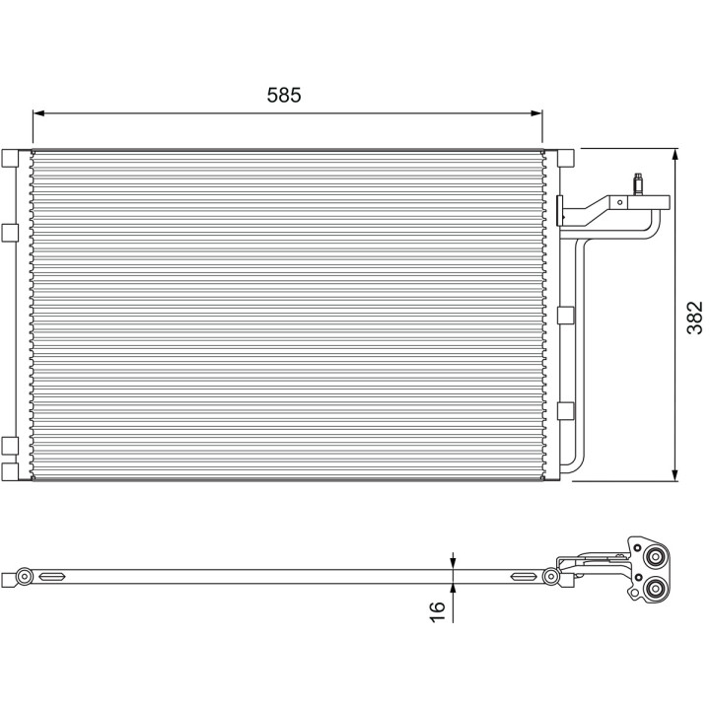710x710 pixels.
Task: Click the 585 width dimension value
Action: click(x=284, y=95)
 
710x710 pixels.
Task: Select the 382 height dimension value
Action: click(x=695, y=318)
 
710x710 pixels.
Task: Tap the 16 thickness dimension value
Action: click(x=438, y=612)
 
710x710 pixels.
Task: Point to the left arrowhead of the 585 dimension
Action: click(x=38, y=113)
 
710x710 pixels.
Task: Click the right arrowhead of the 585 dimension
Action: click(x=536, y=113)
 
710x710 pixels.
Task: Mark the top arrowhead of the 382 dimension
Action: click(x=675, y=155)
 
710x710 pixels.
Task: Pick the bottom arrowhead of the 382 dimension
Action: click(x=675, y=475)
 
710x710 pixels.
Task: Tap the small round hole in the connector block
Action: click(x=620, y=202)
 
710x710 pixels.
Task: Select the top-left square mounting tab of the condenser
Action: click(x=10, y=158)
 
